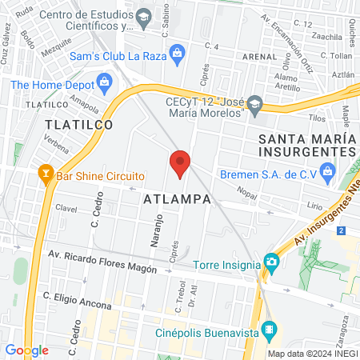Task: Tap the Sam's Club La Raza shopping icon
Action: point(178,53)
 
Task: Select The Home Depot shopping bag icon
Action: point(103,81)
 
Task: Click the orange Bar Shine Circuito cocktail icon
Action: point(43,174)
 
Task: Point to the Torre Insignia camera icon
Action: point(272,262)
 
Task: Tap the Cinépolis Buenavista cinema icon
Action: point(270,328)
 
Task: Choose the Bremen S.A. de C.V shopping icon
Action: point(327,170)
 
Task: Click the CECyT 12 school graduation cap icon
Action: point(255,102)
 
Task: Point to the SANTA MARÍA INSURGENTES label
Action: point(306,145)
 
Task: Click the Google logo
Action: point(26,350)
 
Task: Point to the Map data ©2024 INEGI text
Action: point(312,354)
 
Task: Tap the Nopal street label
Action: point(250,192)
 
